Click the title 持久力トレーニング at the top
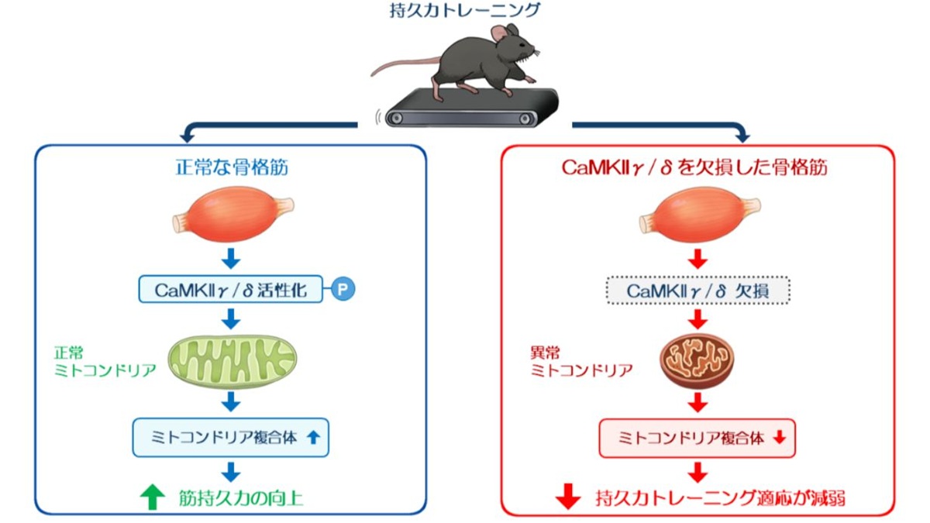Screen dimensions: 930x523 465,10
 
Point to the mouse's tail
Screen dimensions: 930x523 405,67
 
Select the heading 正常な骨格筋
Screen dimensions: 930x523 231,167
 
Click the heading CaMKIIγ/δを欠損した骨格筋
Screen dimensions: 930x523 694,167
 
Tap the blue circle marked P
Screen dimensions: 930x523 343,289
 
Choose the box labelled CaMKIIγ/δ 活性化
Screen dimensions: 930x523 231,289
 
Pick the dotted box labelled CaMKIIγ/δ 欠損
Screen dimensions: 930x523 698,290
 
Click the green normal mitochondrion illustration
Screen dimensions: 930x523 232,361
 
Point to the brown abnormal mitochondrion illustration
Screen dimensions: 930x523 697,360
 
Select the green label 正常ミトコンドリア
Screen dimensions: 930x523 105,362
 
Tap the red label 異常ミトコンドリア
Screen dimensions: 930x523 582,362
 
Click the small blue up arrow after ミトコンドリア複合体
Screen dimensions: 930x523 313,438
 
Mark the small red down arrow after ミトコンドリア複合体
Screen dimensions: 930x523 780,438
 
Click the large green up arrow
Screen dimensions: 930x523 153,497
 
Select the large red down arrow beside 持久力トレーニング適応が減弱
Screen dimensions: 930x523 568,497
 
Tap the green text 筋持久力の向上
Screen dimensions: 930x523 241,498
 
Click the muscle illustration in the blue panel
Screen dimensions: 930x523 233,214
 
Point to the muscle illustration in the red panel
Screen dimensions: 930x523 700,214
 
